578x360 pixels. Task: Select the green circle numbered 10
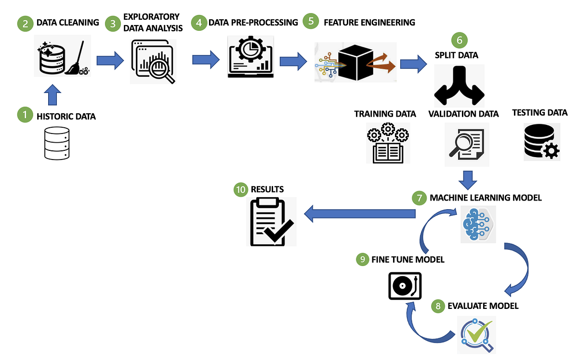[x=241, y=189]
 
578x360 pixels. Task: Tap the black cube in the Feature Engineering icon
[x=355, y=62]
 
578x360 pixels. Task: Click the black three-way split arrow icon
[x=459, y=86]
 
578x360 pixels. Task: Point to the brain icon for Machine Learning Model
[x=475, y=222]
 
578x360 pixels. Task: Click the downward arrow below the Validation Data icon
[x=466, y=179]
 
